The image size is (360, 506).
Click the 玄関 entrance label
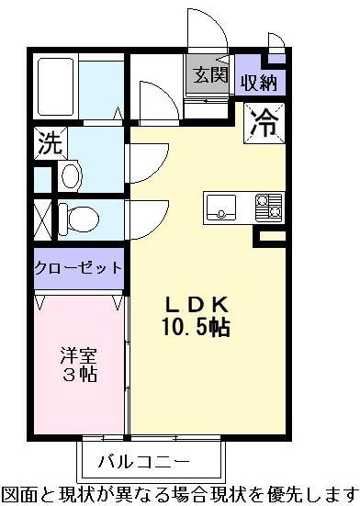pyautogui.click(x=210, y=75)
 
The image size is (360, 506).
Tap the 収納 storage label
pyautogui.click(x=259, y=83)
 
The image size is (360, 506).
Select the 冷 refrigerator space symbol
pyautogui.click(x=264, y=123)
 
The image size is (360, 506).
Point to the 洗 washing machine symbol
pyautogui.click(x=51, y=143)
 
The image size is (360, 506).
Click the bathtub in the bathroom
pyautogui.click(x=55, y=87)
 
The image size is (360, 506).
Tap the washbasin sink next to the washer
pyautogui.click(x=71, y=177)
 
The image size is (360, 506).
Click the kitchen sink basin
pyautogui.click(x=221, y=207)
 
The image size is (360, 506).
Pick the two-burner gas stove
pyautogui.click(x=269, y=208)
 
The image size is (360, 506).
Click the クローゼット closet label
pyautogui.click(x=78, y=268)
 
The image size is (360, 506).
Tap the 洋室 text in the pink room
pyautogui.click(x=79, y=355)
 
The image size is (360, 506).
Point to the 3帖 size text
pyautogui.click(x=80, y=375)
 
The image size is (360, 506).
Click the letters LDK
pyautogui.click(x=197, y=304)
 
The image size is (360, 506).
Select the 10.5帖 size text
pyautogui.click(x=197, y=327)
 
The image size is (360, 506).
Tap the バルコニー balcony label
pyautogui.click(x=144, y=462)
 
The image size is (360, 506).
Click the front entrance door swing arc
pyautogui.click(x=214, y=19)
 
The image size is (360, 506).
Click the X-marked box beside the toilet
pyautogui.click(x=42, y=220)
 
